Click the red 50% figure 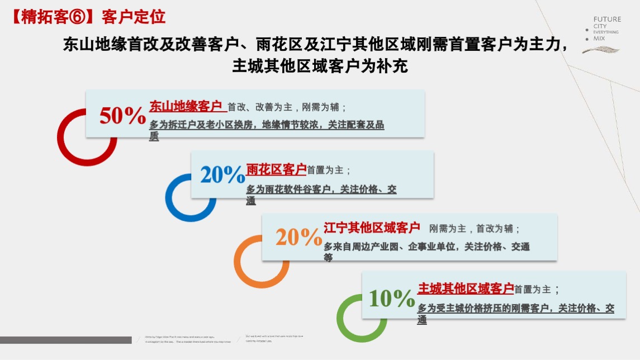click(x=122, y=116)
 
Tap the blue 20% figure click(x=222, y=175)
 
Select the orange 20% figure click(x=299, y=237)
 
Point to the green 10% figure click(x=392, y=299)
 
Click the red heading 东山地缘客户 click(x=186, y=106)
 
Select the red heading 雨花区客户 click(x=276, y=169)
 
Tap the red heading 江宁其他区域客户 click(x=372, y=228)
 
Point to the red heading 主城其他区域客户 click(x=466, y=288)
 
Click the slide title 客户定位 click(x=134, y=17)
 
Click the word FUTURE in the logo click(x=607, y=19)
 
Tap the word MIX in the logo click(x=599, y=39)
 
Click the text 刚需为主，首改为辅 click(x=475, y=229)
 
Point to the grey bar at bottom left click(x=65, y=340)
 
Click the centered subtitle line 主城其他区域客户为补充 click(x=320, y=67)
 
